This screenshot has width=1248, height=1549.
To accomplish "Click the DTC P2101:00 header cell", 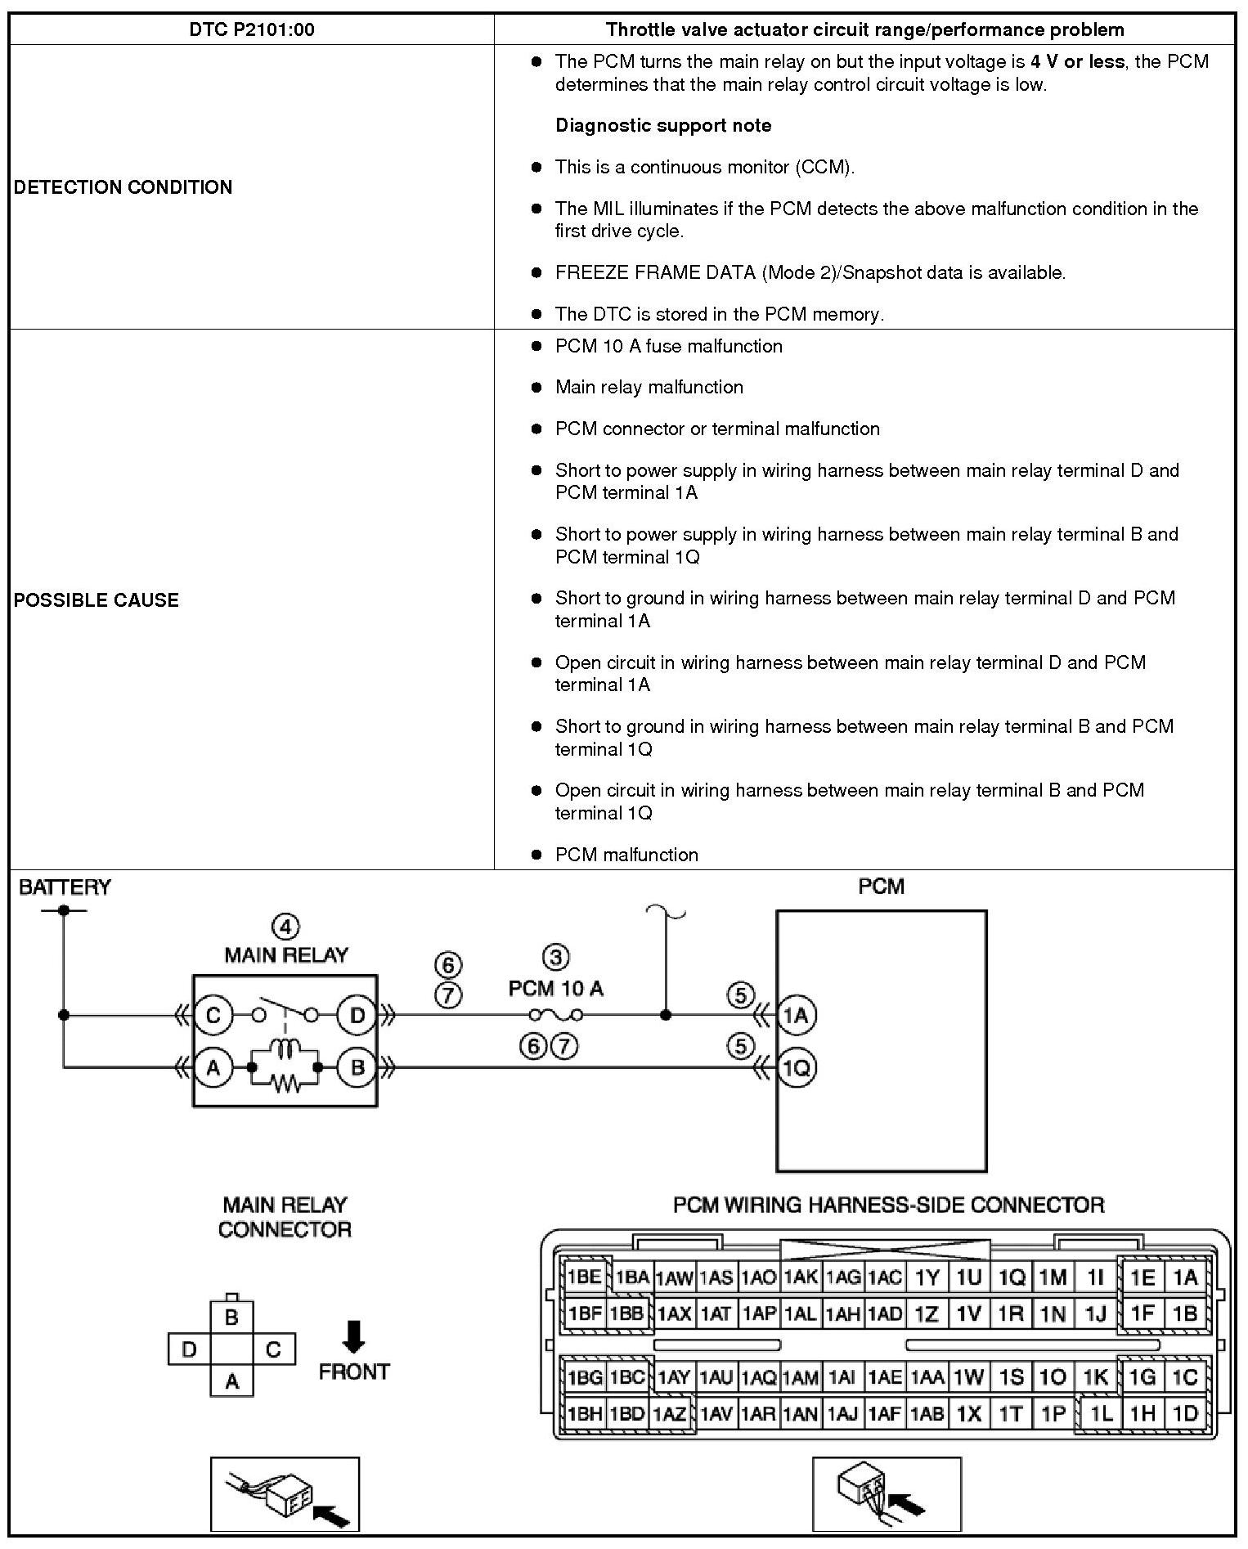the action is point(252,30).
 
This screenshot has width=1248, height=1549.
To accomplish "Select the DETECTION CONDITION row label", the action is point(123,187).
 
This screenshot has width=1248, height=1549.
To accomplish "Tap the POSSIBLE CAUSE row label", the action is point(97,600).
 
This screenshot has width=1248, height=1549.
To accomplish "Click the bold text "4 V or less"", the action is point(1078,61).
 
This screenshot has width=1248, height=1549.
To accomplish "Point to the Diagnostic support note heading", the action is point(663,125).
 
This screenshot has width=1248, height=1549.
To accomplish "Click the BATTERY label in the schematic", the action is point(65,887).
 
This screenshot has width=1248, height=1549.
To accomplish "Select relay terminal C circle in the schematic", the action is point(213,1016).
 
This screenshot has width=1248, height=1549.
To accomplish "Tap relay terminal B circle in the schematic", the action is point(357,1067).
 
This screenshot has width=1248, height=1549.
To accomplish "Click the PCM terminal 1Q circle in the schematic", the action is point(796,1067).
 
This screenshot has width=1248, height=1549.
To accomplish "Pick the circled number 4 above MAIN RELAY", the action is point(285,927).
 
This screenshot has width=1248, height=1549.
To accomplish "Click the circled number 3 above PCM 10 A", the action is point(556,957).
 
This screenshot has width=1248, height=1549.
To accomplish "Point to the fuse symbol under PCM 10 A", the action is point(556,1016).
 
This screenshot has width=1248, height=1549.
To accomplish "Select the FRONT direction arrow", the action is point(354,1336).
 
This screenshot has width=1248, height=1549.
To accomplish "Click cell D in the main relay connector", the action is point(190,1349).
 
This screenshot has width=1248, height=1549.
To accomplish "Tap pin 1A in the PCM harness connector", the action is point(1185,1277).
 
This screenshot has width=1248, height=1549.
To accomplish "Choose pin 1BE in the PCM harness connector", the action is point(585,1277).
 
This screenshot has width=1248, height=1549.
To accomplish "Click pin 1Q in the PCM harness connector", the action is point(1012,1277).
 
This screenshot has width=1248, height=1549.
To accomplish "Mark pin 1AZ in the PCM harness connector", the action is point(670,1413).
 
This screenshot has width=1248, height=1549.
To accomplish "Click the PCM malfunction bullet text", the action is point(626,855).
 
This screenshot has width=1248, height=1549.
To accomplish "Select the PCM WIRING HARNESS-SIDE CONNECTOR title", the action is point(888,1205).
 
